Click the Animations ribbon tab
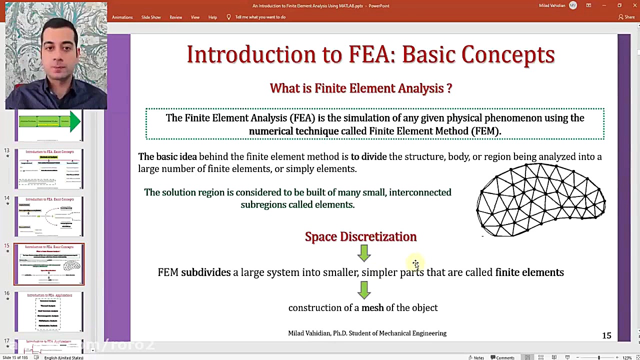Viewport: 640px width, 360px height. tap(122, 17)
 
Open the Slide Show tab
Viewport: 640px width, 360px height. tap(151, 17)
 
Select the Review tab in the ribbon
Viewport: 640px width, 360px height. tap(175, 17)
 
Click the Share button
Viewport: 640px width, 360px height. tap(626, 17)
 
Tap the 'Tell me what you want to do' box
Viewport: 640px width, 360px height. tap(260, 17)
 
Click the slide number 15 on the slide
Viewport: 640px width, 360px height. tap(606, 335)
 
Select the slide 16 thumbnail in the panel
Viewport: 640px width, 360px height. tap(49, 311)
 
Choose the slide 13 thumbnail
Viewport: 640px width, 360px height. tap(49, 168)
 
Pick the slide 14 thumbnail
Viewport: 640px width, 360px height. tap(49, 216)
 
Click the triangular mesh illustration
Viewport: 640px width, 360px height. tap(540, 200)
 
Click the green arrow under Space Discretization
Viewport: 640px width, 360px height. tap(364, 253)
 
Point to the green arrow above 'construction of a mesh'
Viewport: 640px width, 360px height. tap(364, 289)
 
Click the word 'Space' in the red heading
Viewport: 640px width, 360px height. tap(320, 236)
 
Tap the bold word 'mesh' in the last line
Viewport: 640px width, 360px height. tap(372, 307)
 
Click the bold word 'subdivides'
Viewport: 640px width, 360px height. tap(205, 272)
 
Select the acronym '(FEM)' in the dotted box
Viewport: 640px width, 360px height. tap(485, 131)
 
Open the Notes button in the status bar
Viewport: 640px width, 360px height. tap(476, 357)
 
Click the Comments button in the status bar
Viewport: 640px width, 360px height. tap(502, 357)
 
